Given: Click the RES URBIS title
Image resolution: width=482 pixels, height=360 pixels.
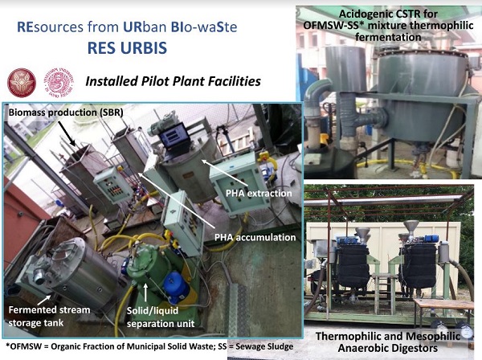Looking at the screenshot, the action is (127, 48).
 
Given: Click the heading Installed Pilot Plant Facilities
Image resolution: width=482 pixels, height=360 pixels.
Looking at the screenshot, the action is (173, 81).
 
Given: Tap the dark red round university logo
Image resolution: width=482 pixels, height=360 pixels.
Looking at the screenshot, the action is (22, 83).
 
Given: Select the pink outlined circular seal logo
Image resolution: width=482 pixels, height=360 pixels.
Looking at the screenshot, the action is (59, 83).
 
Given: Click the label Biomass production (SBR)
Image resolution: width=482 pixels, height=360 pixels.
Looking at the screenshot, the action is (66, 112).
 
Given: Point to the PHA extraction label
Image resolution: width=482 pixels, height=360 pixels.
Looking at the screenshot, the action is (259, 194).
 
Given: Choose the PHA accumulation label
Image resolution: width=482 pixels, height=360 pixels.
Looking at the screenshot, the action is (255, 237).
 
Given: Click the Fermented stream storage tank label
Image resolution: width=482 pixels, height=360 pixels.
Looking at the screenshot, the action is (49, 316).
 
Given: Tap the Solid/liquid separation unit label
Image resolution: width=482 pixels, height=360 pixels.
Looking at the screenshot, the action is (161, 317).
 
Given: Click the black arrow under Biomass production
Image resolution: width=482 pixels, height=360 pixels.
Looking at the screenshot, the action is (66, 133).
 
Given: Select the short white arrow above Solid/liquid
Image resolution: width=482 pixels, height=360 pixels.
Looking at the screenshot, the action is (145, 292).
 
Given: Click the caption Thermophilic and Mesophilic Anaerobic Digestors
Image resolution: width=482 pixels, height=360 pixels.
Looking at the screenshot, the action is (388, 342).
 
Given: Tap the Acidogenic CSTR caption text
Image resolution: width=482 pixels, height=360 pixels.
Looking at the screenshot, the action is (388, 25).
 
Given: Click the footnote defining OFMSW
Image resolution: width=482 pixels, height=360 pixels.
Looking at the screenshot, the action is (149, 346).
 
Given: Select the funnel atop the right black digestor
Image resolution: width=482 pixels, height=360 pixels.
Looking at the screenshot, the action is (411, 230).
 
